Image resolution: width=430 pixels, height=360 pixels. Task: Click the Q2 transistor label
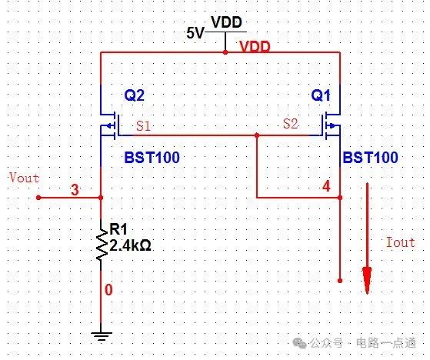134,95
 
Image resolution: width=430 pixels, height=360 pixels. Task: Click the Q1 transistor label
321,95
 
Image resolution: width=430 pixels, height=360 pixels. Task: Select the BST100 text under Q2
152,158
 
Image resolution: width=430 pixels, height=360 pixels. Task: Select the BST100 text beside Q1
370,158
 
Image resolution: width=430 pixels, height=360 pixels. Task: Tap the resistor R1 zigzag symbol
102,244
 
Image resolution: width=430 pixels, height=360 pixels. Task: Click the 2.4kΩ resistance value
130,245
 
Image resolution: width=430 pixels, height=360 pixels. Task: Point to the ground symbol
102,336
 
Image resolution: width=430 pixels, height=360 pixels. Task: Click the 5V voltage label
195,33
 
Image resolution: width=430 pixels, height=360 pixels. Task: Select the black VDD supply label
226,22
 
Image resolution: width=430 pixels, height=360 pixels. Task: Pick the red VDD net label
255,47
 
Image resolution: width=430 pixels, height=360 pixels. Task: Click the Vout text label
25,178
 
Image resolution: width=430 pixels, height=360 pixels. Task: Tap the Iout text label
400,242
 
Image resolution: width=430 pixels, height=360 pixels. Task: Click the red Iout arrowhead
367,280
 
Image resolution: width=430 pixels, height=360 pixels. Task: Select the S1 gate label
143,126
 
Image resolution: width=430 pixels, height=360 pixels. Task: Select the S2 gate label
291,124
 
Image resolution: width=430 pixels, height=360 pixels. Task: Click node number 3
75,190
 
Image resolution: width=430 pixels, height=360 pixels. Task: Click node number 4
326,186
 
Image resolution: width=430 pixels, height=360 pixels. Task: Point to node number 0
108,290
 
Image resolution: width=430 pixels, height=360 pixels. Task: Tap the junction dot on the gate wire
257,135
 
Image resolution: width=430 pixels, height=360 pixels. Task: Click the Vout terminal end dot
38,198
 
